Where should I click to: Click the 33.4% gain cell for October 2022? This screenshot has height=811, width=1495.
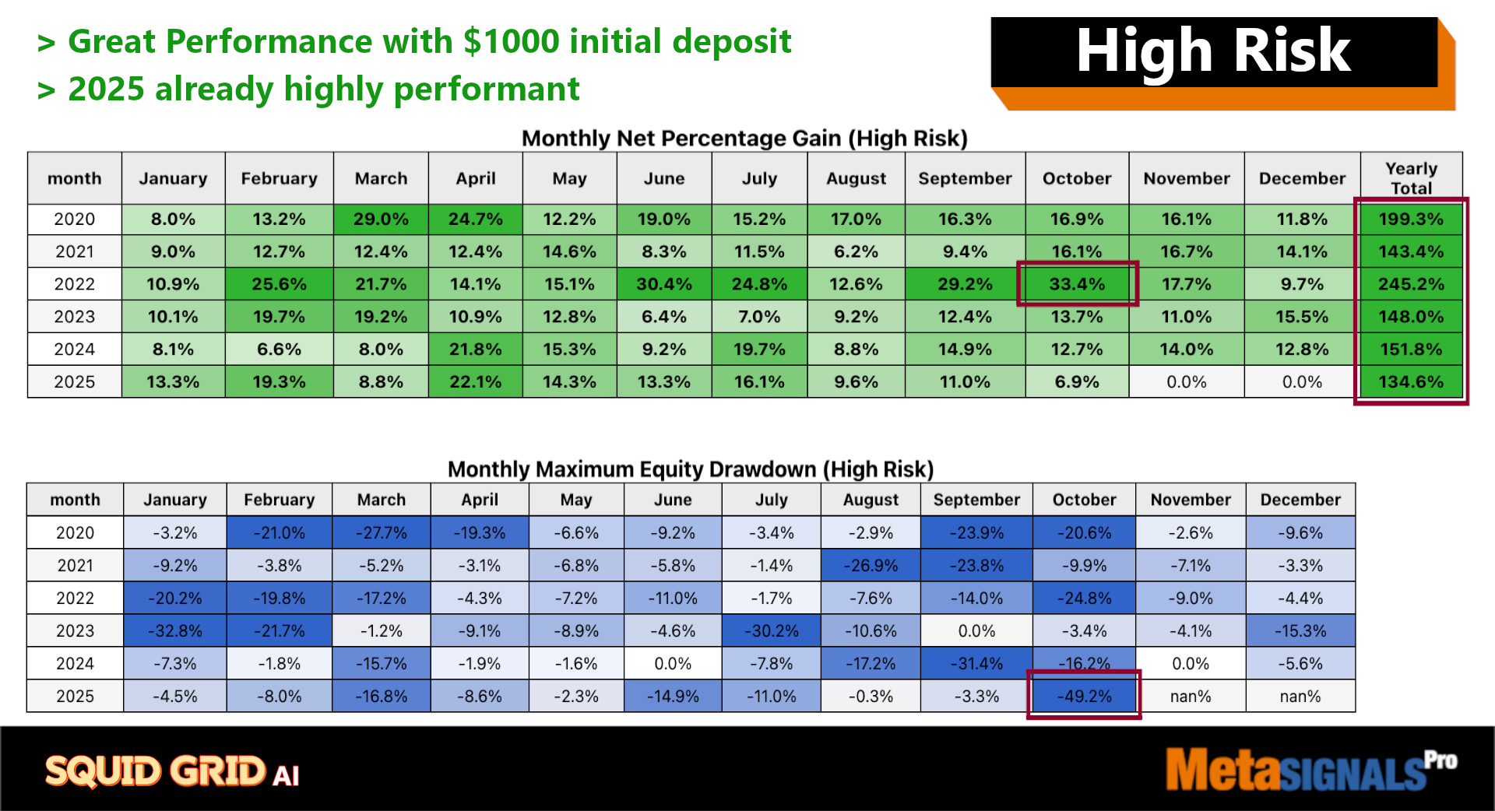click(1077, 284)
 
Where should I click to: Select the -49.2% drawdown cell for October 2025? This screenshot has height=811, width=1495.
click(1084, 696)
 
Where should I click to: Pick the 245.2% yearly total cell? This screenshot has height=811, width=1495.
click(1411, 284)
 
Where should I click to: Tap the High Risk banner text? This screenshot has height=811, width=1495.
click(1213, 51)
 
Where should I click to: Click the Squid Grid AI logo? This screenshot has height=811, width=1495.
click(172, 771)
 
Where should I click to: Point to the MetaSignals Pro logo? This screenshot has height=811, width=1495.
click(1311, 769)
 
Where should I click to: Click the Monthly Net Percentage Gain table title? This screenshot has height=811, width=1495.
click(744, 139)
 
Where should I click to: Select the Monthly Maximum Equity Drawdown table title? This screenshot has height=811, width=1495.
click(691, 469)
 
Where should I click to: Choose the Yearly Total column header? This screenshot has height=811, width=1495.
click(1411, 178)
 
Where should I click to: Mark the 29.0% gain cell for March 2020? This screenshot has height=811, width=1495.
click(381, 219)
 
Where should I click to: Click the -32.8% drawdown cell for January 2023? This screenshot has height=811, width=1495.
click(175, 630)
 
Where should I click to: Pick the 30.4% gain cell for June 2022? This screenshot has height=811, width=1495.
click(663, 284)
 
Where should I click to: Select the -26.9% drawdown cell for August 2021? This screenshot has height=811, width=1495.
click(871, 565)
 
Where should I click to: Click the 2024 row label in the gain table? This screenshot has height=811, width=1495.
click(75, 349)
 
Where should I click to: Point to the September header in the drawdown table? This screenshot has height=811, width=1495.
click(976, 500)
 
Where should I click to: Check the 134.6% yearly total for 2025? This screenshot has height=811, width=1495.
click(1411, 382)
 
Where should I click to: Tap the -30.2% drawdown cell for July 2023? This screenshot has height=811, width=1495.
click(771, 630)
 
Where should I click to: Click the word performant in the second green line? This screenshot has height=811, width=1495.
click(487, 90)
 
